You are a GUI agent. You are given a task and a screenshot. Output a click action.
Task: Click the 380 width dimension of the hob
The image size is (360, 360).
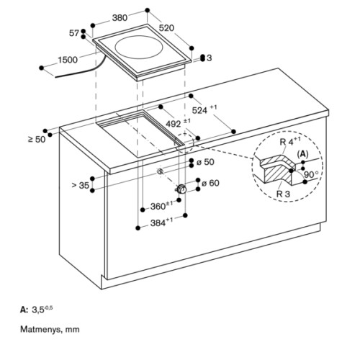click(x=120, y=18)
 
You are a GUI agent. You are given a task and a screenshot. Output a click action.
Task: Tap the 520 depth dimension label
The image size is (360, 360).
click(x=166, y=28)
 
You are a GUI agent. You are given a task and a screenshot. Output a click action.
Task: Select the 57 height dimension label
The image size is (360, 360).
click(x=74, y=33)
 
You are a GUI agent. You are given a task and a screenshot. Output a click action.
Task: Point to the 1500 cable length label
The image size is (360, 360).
click(x=68, y=60)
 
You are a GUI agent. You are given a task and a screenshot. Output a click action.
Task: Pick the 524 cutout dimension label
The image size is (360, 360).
click(x=204, y=109)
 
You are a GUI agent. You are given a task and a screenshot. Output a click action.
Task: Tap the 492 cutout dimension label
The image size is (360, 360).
click(x=179, y=123)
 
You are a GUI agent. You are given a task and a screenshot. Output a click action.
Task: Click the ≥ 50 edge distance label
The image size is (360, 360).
click(x=37, y=139)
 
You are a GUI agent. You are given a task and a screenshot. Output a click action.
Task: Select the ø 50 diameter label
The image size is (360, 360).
click(x=205, y=162)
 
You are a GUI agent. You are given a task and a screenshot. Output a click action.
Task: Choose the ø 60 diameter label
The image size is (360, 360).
click(x=210, y=184)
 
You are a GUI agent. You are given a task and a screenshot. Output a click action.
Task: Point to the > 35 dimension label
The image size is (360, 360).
click(x=81, y=185)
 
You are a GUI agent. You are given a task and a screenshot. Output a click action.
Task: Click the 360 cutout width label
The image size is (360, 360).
click(x=161, y=206)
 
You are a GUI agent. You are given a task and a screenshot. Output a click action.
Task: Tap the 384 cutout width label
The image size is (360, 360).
click(x=161, y=222)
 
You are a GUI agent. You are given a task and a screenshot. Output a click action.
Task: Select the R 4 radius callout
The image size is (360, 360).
click(x=290, y=141)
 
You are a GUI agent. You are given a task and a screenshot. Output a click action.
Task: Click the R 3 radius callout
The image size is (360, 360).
click(x=283, y=194)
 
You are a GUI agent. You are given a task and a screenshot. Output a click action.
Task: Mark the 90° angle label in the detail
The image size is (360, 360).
click(x=312, y=174)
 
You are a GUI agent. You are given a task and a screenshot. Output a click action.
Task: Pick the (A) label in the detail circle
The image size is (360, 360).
click(x=302, y=153)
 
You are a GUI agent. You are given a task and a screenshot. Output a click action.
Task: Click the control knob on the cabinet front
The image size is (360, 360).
click(x=181, y=189)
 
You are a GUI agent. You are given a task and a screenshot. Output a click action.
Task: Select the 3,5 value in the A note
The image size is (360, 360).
click(x=38, y=310)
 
